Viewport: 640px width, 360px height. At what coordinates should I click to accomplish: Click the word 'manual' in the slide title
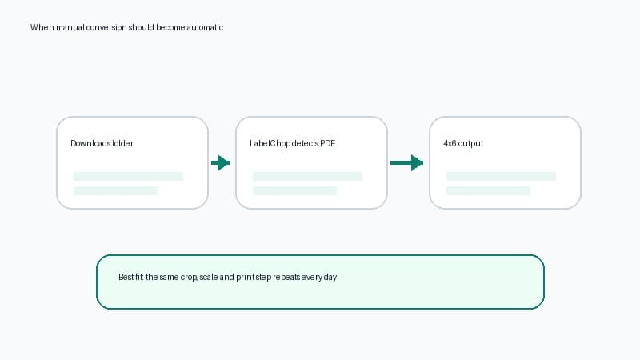pyautogui.click(x=70, y=27)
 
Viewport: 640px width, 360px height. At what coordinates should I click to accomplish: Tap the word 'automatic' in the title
pyautogui.click(x=205, y=27)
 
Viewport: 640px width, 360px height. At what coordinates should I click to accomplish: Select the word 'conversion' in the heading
pyautogui.click(x=106, y=27)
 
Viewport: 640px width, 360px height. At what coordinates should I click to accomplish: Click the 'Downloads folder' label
pyautogui.click(x=102, y=143)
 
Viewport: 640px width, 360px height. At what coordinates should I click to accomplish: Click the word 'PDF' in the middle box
pyautogui.click(x=327, y=143)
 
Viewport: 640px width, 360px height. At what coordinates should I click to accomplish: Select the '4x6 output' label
pyautogui.click(x=463, y=143)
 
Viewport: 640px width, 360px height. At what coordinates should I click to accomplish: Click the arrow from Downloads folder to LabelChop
pyautogui.click(x=221, y=163)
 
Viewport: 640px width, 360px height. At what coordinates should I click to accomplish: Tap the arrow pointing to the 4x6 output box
pyautogui.click(x=406, y=163)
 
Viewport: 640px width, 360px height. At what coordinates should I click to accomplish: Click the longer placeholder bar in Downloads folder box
pyautogui.click(x=128, y=176)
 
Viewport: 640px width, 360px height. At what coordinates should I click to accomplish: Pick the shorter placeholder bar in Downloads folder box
pyautogui.click(x=115, y=190)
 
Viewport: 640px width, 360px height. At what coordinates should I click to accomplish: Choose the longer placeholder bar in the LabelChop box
pyautogui.click(x=307, y=176)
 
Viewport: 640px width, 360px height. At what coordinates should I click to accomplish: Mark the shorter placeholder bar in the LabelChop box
pyautogui.click(x=294, y=190)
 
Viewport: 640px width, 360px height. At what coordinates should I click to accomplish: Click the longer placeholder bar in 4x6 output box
pyautogui.click(x=501, y=176)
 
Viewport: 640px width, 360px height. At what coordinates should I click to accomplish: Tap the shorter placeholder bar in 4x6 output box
pyautogui.click(x=488, y=190)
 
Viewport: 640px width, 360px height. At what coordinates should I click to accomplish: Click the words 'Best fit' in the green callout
pyautogui.click(x=130, y=277)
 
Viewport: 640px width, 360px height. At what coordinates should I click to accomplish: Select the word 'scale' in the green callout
pyautogui.click(x=209, y=277)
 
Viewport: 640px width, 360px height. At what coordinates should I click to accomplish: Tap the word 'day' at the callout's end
pyautogui.click(x=330, y=277)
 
